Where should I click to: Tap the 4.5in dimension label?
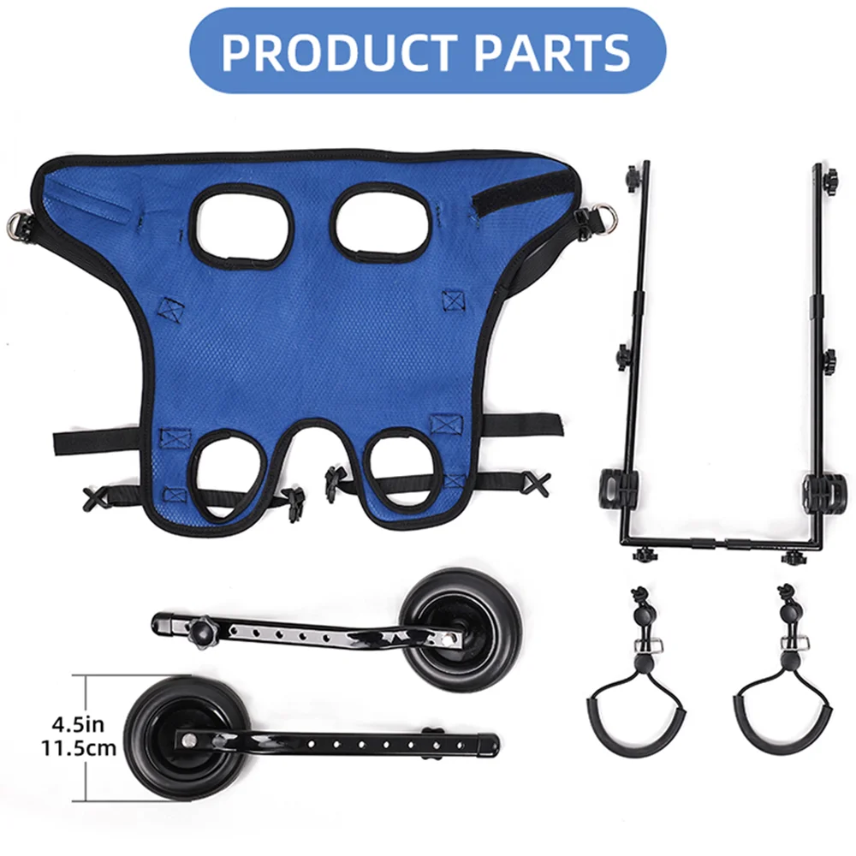point(77,724)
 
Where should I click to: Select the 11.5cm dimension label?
point(77,748)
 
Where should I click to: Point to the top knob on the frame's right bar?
point(829,178)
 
